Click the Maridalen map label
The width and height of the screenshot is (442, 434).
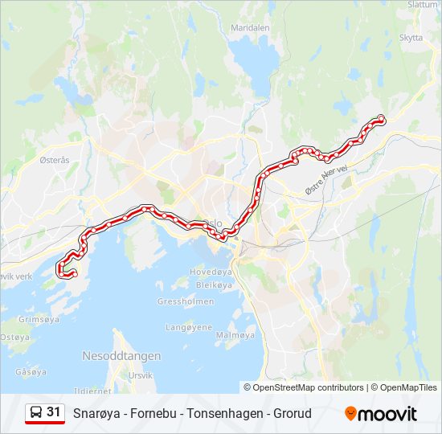[250, 27]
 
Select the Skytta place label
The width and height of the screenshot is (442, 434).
[410, 37]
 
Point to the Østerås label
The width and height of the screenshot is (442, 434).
[55, 160]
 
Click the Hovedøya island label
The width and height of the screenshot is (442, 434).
[211, 272]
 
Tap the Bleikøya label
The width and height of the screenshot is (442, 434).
[214, 285]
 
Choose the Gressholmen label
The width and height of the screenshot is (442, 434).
[186, 301]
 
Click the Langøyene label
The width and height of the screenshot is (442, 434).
[189, 328]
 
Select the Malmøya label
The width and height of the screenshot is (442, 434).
[235, 334]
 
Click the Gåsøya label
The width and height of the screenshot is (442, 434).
[31, 372]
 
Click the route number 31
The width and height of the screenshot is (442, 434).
[54, 412]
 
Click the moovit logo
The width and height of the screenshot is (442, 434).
[381, 414]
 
